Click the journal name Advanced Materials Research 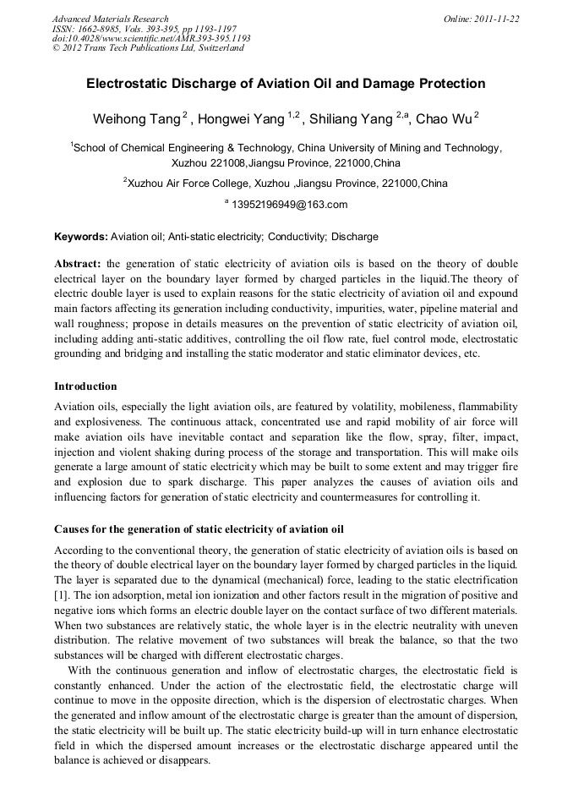point(110,19)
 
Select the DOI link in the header point(151,38)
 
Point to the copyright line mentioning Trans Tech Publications point(148,48)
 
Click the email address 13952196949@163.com point(289,205)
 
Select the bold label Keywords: point(81,237)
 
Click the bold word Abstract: point(78,264)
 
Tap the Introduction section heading point(85,386)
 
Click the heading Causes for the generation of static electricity point(199,529)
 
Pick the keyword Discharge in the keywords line point(355,237)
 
